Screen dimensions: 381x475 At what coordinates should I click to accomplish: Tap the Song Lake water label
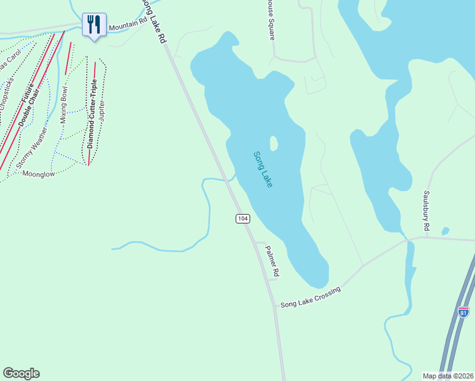click(x=262, y=169)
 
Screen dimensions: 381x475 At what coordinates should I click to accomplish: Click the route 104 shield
click(x=242, y=218)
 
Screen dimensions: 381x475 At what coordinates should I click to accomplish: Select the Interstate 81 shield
click(x=463, y=312)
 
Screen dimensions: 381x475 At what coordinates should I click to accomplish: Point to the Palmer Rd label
click(x=272, y=261)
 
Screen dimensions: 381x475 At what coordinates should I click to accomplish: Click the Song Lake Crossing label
click(x=311, y=298)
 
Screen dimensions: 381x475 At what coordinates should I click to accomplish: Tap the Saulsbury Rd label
click(x=427, y=210)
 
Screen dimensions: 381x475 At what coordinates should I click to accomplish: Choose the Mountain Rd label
click(x=128, y=25)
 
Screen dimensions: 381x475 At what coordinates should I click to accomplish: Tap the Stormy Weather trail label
click(x=32, y=147)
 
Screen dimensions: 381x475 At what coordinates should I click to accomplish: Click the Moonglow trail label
click(x=39, y=173)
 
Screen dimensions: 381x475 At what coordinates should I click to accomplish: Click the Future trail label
click(x=27, y=92)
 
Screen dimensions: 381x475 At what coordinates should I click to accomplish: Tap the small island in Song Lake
click(x=274, y=144)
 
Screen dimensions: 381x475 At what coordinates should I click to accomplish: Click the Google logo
click(x=21, y=373)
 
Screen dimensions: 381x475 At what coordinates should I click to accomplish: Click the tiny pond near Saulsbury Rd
click(x=445, y=231)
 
